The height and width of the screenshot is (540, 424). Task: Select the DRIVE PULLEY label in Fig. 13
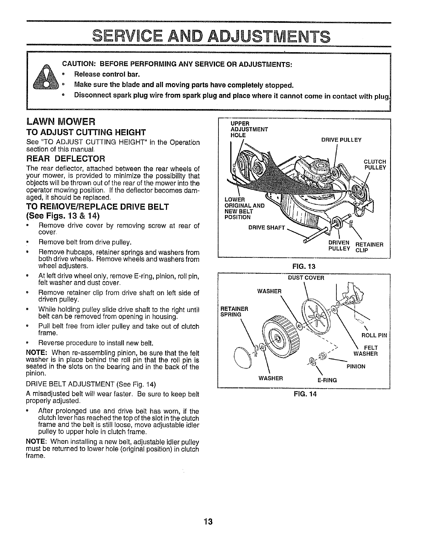[341, 140]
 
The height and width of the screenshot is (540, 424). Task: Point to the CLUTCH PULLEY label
[375, 164]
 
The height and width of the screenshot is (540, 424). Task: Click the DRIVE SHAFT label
[266, 228]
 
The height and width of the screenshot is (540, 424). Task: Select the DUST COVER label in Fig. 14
[306, 277]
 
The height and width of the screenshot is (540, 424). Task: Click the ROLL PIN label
[374, 335]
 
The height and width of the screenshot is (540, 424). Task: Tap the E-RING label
[327, 380]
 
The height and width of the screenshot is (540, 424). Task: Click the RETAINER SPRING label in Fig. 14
[234, 311]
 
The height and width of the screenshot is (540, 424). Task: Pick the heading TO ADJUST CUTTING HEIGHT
[81, 132]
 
